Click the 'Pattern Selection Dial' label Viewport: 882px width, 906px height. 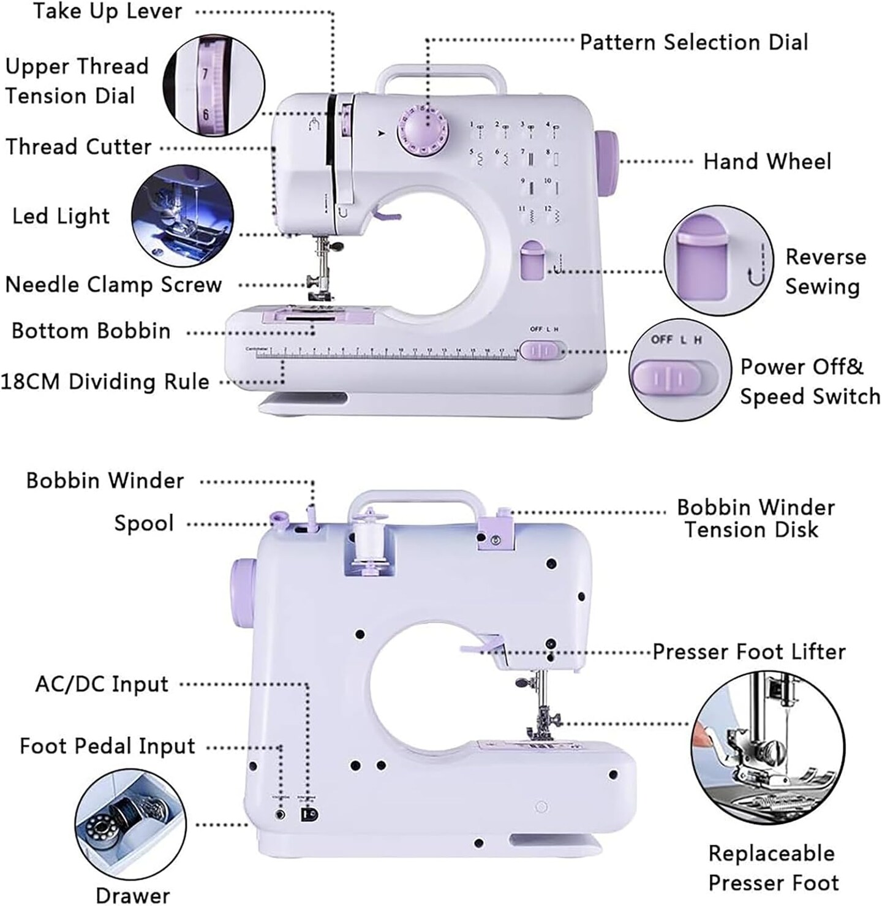[693, 42]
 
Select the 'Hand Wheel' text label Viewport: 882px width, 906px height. [767, 162]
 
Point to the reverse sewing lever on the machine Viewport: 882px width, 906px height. [532, 261]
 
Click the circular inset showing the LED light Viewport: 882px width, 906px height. [183, 216]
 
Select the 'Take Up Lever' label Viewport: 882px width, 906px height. [107, 11]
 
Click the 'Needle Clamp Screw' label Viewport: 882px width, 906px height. [113, 285]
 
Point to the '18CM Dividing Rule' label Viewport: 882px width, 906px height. [105, 382]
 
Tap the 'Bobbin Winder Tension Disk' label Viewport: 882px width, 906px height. [755, 518]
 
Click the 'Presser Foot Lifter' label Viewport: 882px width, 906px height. [748, 651]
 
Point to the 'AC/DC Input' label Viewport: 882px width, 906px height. [102, 684]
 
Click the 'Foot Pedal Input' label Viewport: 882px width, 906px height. [107, 746]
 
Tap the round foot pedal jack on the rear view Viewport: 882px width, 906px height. [281, 814]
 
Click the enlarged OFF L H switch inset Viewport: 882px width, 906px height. [680, 368]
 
